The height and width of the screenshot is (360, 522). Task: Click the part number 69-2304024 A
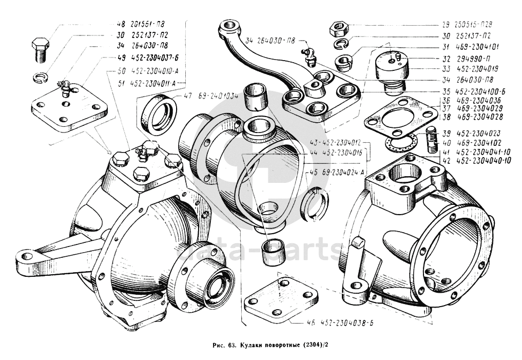pos(343,173)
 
